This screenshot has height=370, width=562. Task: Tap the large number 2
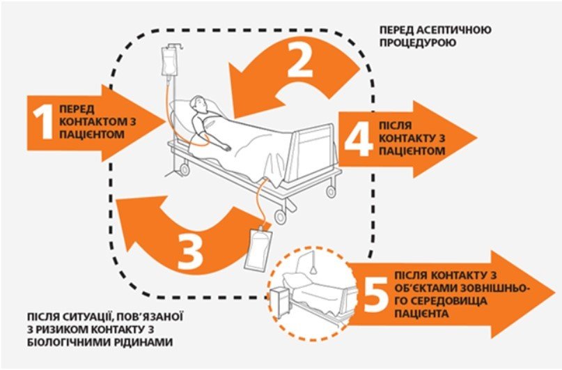pyautogui.click(x=299, y=63)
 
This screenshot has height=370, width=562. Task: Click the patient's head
pyautogui.click(x=200, y=105)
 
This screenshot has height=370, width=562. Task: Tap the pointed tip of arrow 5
pyautogui.click(x=554, y=290)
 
